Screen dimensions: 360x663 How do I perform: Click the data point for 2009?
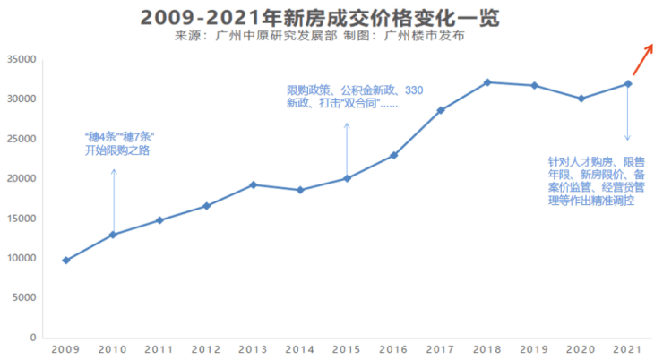click(66, 261)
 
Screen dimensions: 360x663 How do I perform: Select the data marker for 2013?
click(254, 184)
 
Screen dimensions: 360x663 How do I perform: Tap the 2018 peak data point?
click(487, 82)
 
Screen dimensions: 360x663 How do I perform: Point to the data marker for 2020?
click(581, 99)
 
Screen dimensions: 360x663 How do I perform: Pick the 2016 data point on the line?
click(393, 155)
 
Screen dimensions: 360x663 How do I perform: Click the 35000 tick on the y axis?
click(21, 59)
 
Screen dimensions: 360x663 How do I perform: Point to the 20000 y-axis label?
click(21, 178)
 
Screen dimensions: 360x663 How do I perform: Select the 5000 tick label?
click(23, 297)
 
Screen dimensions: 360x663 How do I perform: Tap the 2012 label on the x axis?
click(206, 348)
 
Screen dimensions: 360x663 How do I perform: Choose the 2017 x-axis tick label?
click(441, 348)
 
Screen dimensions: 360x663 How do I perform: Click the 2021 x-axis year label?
click(628, 348)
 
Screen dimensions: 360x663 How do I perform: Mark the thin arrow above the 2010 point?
click(114, 199)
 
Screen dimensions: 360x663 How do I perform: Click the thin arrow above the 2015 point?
click(347, 148)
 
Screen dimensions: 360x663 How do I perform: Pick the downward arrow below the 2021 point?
click(628, 114)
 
